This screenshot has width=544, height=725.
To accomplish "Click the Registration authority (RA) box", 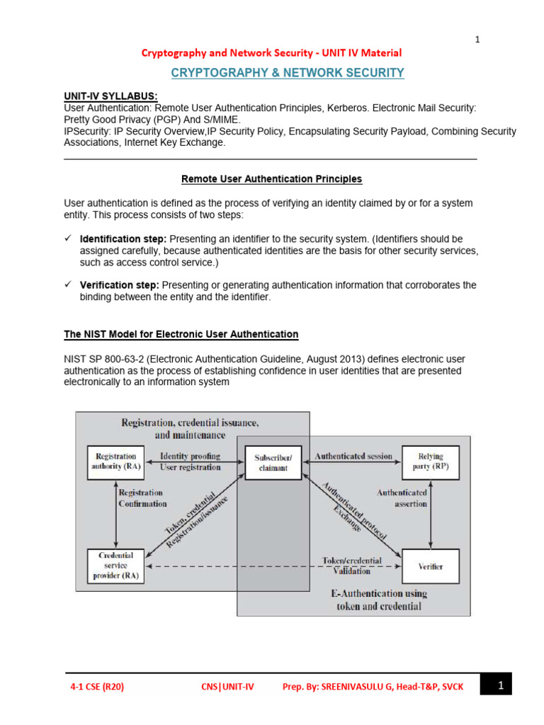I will point(115,462).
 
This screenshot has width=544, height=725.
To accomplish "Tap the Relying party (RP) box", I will point(431,462).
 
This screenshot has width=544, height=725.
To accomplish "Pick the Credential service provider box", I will point(115,566).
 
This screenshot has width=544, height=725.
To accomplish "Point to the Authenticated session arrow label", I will point(353,457).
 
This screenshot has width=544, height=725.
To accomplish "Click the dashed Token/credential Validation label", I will point(352,565).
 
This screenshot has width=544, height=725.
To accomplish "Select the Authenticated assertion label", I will point(402,498).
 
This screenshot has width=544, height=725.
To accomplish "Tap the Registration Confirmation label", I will point(142,498).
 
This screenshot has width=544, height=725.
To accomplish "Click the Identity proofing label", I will point(190,457).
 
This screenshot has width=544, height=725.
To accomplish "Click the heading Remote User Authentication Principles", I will point(271,179).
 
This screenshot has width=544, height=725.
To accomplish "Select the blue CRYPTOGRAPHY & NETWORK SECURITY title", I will point(287,73).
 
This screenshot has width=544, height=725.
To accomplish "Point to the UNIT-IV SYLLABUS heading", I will point(110,96).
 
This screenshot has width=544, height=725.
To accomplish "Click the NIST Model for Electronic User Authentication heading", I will point(181,334).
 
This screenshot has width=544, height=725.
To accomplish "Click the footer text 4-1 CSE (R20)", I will point(96,686).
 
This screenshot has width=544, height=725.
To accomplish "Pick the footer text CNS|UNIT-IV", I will point(227,686).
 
